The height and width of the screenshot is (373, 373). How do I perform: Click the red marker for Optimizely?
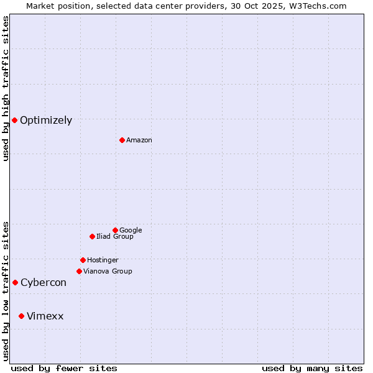[14, 120]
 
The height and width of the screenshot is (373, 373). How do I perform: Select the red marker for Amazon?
[122, 140]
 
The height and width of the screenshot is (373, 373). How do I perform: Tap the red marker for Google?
[115, 230]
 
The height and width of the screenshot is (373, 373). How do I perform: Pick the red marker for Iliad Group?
[92, 236]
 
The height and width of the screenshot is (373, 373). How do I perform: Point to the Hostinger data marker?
[83, 260]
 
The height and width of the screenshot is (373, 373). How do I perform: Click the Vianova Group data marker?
[79, 271]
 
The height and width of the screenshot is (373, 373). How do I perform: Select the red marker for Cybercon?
[15, 282]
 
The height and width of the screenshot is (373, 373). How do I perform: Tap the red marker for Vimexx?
[21, 316]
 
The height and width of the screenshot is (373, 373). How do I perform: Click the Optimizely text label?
[46, 121]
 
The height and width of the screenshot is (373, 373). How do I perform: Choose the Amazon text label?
[139, 140]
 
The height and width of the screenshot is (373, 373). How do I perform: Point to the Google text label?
[131, 231]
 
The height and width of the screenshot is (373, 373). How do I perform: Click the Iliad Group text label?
[115, 237]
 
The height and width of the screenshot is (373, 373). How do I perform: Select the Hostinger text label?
[103, 260]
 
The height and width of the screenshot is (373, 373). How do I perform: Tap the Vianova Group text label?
[108, 272]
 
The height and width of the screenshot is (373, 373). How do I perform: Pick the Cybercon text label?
[44, 283]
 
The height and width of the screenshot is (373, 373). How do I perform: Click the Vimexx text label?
[45, 316]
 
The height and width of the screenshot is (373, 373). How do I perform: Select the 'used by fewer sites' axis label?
[64, 368]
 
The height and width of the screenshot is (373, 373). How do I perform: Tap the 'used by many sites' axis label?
[312, 368]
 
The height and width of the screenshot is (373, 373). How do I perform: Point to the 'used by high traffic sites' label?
[6, 88]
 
